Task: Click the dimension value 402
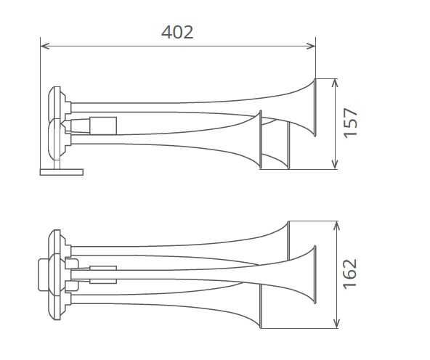(x=177, y=32)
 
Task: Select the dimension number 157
(x=350, y=123)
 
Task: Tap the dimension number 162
(x=350, y=274)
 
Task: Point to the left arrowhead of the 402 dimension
(x=44, y=46)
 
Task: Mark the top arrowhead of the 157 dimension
(x=334, y=82)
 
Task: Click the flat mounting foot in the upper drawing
(x=61, y=172)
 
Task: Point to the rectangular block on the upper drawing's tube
(x=103, y=126)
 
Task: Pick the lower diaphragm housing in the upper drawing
(x=54, y=141)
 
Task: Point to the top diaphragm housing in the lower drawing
(x=56, y=242)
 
